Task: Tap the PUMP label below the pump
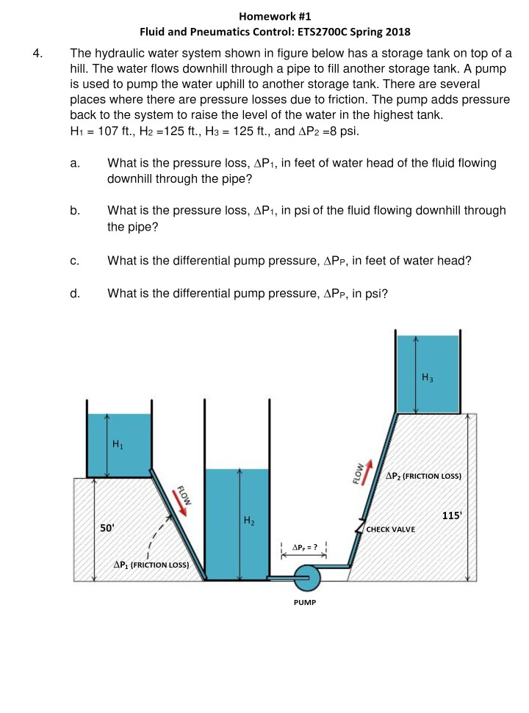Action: click(x=305, y=602)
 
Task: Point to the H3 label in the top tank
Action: click(x=428, y=377)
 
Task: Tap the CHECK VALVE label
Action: click(x=391, y=529)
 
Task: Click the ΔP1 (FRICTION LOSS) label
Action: click(x=151, y=565)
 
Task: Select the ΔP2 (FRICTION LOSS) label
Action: click(x=423, y=476)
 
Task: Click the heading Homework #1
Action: click(x=275, y=15)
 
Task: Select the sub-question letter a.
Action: click(x=74, y=163)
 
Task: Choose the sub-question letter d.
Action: click(x=74, y=294)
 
